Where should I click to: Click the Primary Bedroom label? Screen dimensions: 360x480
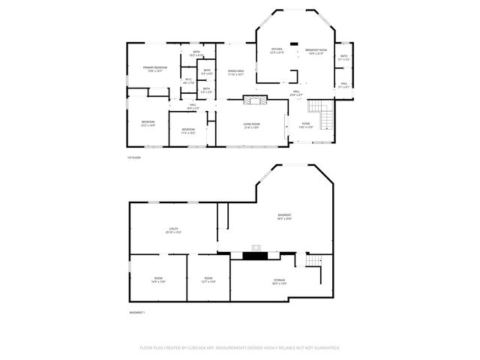point(155,69)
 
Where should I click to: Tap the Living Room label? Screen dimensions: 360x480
point(251,125)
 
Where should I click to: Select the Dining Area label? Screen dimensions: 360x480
point(235,73)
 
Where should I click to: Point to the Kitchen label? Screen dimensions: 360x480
point(277,51)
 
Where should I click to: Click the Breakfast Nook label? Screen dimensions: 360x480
point(313,52)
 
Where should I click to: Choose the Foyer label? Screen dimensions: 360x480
point(306,125)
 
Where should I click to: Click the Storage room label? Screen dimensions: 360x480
point(278,282)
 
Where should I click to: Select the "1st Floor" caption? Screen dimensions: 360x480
point(133,157)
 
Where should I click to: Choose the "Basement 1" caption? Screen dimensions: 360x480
point(136,312)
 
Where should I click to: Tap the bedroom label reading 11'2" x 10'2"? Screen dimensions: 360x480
point(187,130)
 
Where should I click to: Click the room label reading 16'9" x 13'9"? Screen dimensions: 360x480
point(158,280)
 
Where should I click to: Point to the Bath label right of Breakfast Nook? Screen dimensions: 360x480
point(344,57)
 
